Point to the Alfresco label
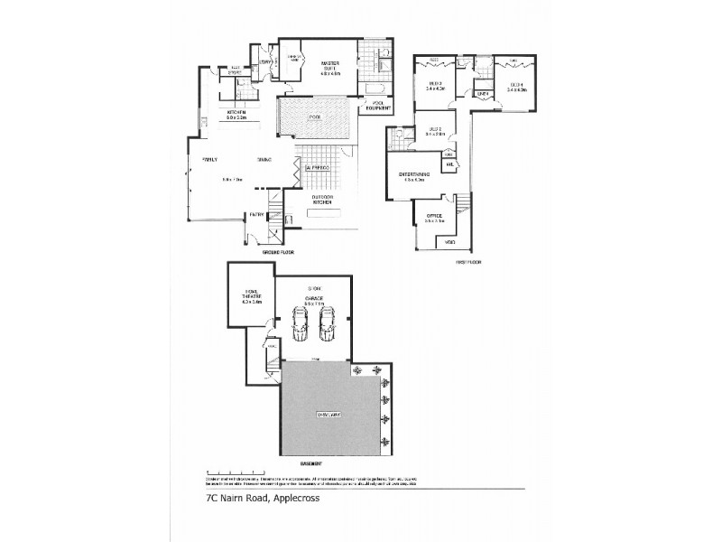click(319, 169)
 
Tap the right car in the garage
click(329, 323)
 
